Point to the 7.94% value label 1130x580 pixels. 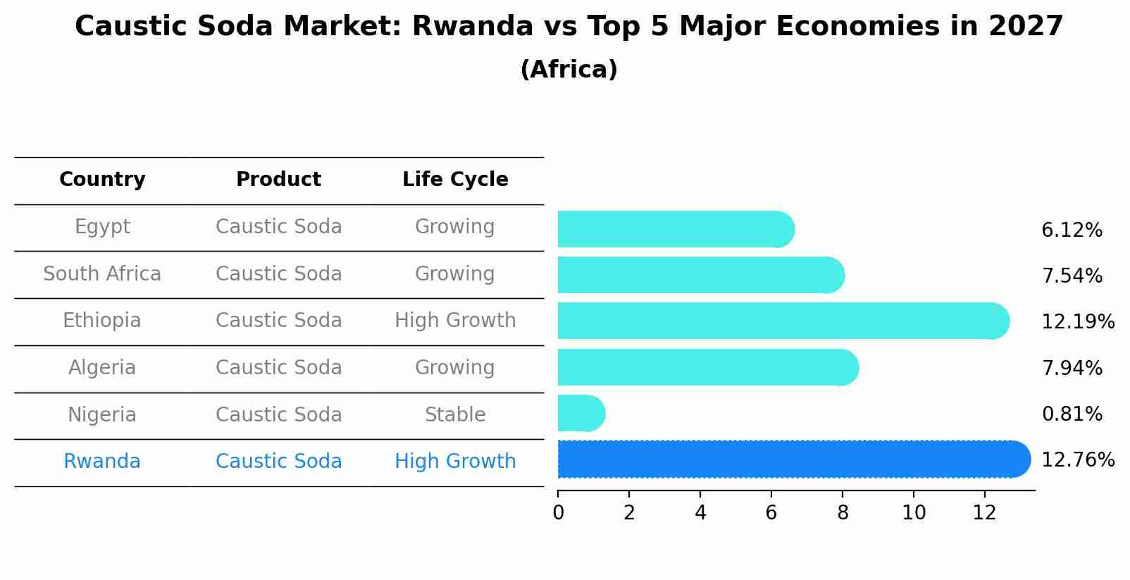tap(1072, 368)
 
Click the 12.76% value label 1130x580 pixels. tap(1077, 460)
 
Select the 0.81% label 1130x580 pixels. tap(1072, 414)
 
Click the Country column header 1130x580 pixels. tap(102, 180)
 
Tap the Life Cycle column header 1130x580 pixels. tap(455, 180)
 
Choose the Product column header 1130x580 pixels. tap(278, 180)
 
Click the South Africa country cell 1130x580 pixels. tap(102, 273)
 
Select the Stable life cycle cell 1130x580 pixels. tap(455, 414)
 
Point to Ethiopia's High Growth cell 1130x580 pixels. tap(455, 321)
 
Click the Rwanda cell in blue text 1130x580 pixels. tap(102, 462)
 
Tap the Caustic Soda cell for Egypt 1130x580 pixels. tap(278, 227)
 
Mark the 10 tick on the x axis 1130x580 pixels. tap(914, 513)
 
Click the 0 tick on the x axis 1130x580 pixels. tap(558, 513)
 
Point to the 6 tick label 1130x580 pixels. tap(771, 513)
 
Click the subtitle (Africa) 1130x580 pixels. tap(569, 70)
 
